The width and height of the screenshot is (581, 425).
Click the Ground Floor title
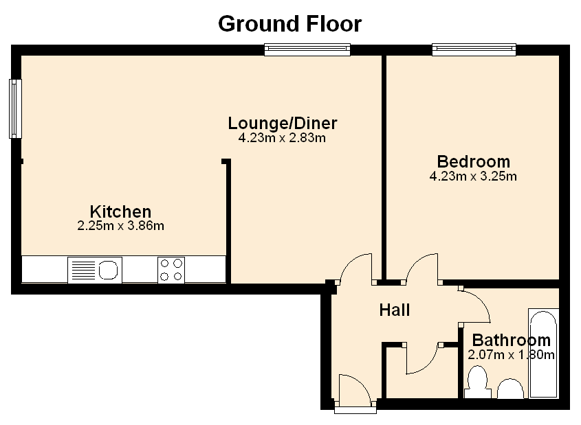click(x=289, y=24)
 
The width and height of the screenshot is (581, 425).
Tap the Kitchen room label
click(x=121, y=212)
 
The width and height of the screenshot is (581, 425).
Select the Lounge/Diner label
click(x=283, y=124)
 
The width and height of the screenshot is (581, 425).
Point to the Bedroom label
click(x=474, y=161)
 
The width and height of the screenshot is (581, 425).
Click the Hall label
click(x=395, y=310)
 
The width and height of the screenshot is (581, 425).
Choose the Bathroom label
click(x=512, y=341)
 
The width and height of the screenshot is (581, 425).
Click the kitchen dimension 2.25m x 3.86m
click(x=121, y=226)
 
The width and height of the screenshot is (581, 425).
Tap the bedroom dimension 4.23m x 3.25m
click(x=473, y=176)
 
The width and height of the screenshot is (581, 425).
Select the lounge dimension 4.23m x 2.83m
click(x=283, y=138)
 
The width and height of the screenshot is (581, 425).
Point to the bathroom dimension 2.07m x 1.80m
click(x=512, y=355)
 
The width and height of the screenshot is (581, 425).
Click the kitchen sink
click(x=95, y=270)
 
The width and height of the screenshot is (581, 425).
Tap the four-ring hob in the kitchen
click(x=171, y=270)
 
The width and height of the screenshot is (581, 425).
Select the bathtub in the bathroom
click(x=544, y=353)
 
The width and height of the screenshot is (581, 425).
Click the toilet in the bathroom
click(x=477, y=382)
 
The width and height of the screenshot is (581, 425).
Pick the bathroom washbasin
click(x=510, y=389)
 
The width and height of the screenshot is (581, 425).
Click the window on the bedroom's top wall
click(x=474, y=49)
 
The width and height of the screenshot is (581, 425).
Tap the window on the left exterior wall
click(x=15, y=108)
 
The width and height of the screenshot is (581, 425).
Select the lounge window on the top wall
click(x=307, y=49)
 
